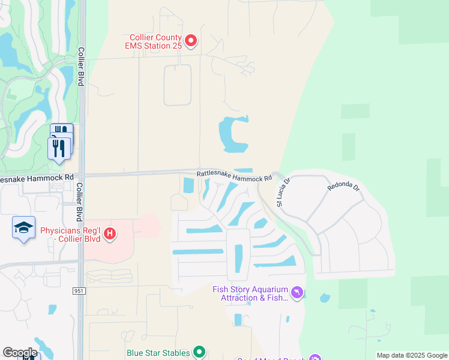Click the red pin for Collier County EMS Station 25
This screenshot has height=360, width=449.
coord(191,41)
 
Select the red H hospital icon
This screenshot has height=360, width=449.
coord(109,233)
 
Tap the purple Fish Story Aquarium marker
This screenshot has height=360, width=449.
coord(297,293)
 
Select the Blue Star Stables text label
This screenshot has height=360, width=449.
coord(158,353)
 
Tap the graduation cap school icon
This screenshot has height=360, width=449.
coord(23,228)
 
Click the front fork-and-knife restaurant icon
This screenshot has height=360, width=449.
coord(59,147)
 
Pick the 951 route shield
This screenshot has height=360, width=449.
coord(79,291)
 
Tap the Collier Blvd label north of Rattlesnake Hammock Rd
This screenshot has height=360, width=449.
coord(80,67)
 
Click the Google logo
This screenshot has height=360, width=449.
coord(20,353)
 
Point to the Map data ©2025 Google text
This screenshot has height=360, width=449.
coord(412,355)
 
